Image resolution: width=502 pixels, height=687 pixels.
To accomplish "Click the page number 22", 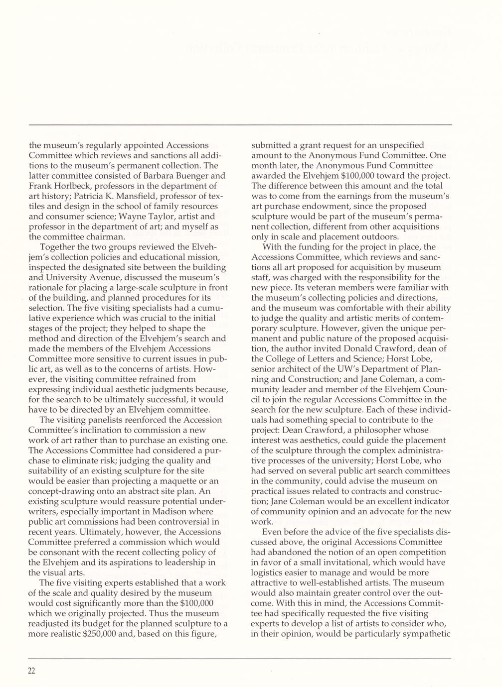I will pos(32,671).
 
